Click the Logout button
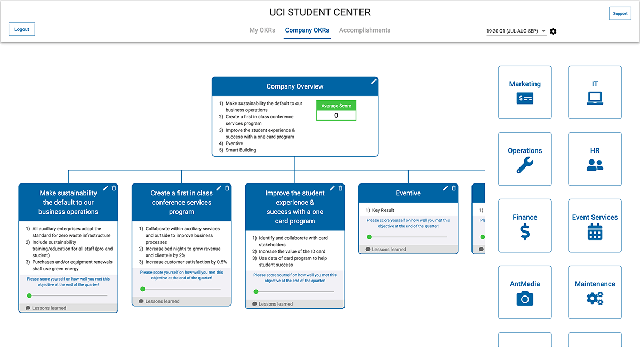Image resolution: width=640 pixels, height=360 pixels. click(22, 29)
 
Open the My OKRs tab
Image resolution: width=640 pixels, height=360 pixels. click(262, 30)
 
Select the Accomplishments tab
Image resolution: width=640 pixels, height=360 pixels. click(365, 30)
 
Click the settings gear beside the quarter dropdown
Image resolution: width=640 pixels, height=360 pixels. click(553, 31)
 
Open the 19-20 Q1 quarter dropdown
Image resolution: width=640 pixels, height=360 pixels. click(516, 31)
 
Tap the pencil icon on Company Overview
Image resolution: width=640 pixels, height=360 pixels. click(374, 81)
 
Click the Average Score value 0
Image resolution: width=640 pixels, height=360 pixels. click(336, 115)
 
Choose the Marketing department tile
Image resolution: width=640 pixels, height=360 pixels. click(525, 92)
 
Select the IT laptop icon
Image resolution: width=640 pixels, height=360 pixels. click(595, 98)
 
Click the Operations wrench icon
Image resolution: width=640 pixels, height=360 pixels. click(525, 165)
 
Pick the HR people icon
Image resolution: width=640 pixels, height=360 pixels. click(595, 165)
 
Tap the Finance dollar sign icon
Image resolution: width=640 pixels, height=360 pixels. click(525, 232)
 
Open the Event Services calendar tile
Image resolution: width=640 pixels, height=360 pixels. click(595, 226)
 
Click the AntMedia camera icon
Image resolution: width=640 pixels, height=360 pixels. click(525, 299)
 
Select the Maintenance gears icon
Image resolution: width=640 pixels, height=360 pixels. click(595, 299)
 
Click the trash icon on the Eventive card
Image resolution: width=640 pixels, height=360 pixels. click(454, 188)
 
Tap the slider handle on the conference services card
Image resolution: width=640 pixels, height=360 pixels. click(142, 289)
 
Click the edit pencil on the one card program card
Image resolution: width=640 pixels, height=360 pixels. click(332, 188)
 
